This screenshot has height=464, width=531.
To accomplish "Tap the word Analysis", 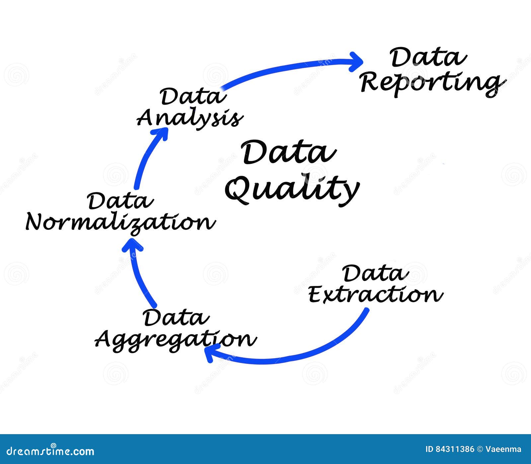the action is tap(190, 118).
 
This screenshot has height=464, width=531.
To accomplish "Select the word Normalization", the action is tap(120, 222).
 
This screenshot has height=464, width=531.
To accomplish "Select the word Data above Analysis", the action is tap(193, 96).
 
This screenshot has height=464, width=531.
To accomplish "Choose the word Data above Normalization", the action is tap(120, 201).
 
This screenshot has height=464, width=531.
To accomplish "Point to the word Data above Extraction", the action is tap(375, 273).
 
